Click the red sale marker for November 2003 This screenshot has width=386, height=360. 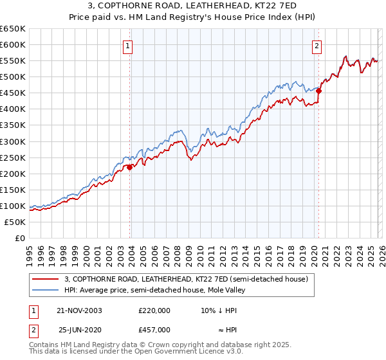(x=130, y=167)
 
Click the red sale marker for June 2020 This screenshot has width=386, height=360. (x=318, y=91)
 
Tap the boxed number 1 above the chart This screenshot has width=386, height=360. (x=129, y=46)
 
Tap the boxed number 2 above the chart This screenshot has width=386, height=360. (x=317, y=46)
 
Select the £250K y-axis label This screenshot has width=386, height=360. (x=13, y=157)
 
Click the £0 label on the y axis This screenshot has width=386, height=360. (x=19, y=239)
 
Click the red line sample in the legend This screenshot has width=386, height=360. (x=46, y=280)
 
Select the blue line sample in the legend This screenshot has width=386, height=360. (x=46, y=290)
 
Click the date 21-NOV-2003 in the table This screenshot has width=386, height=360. (x=79, y=310)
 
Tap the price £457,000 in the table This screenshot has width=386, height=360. (x=154, y=330)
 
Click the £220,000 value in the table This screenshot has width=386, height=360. (x=154, y=310)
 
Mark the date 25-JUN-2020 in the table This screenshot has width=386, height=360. (x=80, y=330)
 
